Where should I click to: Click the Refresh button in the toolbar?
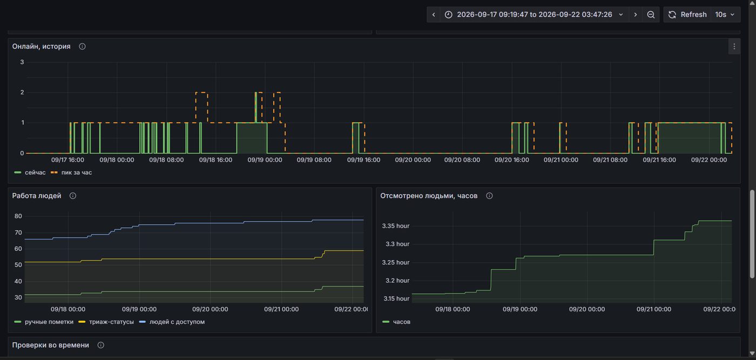(x=687, y=15)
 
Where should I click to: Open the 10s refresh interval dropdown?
(x=725, y=15)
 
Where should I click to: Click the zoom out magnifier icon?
(x=651, y=15)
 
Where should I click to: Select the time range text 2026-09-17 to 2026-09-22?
(x=534, y=15)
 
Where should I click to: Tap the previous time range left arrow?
(x=434, y=15)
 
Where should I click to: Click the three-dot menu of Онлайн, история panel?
(x=734, y=46)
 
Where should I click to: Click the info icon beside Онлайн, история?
(x=82, y=46)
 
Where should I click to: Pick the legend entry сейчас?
(x=30, y=172)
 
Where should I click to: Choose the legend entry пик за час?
(x=71, y=172)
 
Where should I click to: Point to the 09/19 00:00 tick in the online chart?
(x=265, y=160)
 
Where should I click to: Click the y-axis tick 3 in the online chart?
(x=22, y=62)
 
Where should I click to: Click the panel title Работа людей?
(x=37, y=196)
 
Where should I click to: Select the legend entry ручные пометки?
(x=44, y=322)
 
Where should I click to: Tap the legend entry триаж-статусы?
(x=106, y=322)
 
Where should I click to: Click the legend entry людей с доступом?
(x=172, y=322)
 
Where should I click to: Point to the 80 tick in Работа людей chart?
(x=18, y=216)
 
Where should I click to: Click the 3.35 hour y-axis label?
(x=395, y=226)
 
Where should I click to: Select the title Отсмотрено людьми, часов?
(x=429, y=196)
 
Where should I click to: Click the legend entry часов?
(x=396, y=322)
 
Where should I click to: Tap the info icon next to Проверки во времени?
(x=100, y=345)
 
